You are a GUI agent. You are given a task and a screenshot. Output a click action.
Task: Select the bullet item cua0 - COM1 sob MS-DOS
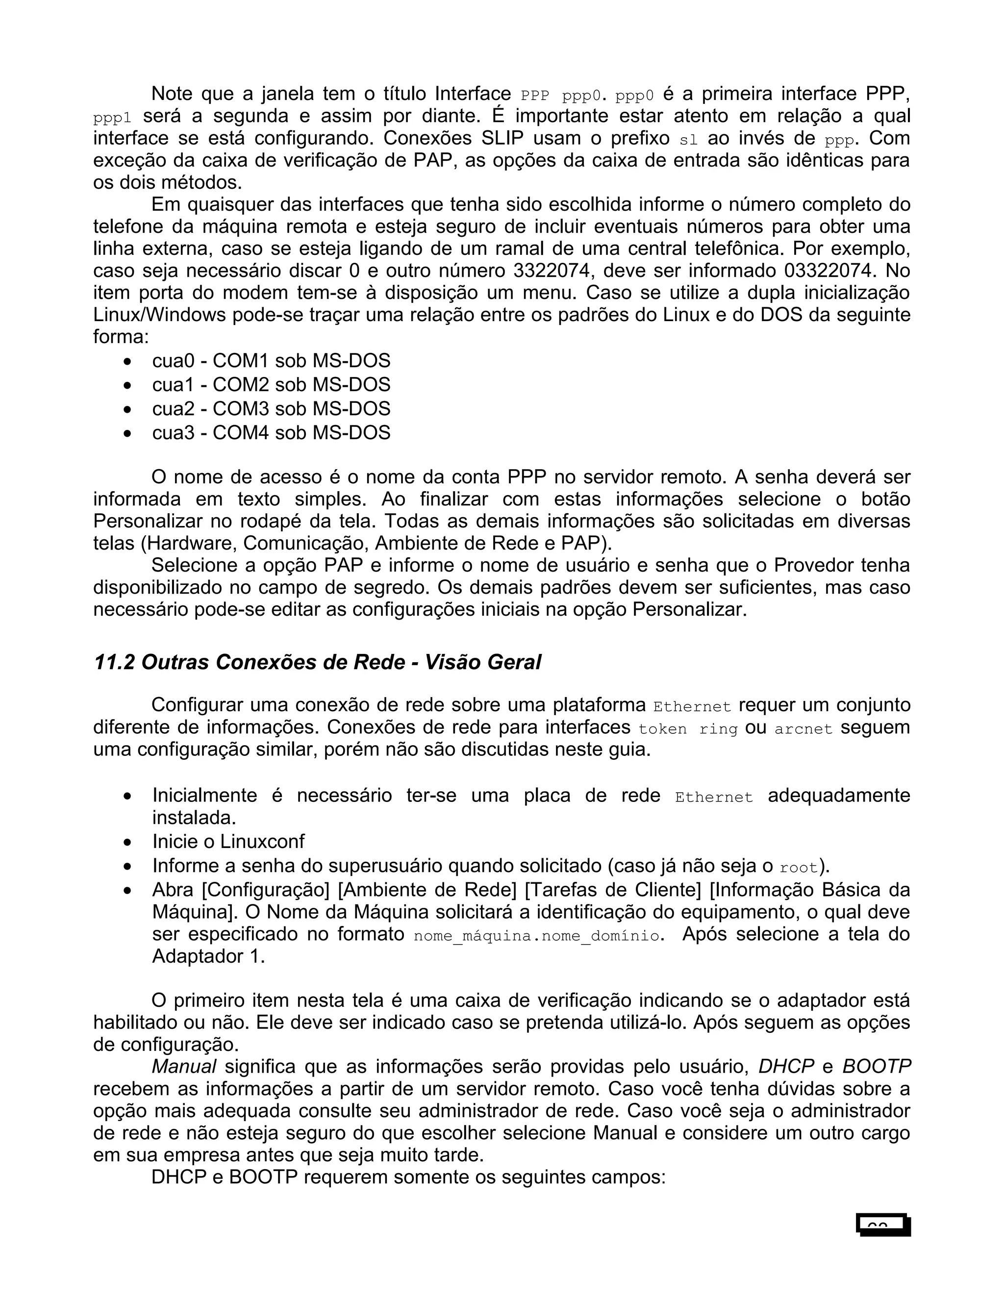271,361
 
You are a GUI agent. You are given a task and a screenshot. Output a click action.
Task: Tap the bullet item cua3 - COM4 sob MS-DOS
271,432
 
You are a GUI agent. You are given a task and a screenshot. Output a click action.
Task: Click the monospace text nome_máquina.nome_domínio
536,936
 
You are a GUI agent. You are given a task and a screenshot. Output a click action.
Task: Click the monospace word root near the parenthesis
799,868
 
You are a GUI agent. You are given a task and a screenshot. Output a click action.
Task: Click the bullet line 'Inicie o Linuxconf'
228,842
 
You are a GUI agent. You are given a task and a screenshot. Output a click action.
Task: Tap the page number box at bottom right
883,1226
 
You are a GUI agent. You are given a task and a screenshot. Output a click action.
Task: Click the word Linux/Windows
159,315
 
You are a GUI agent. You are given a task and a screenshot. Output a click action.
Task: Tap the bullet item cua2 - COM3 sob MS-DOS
271,409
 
